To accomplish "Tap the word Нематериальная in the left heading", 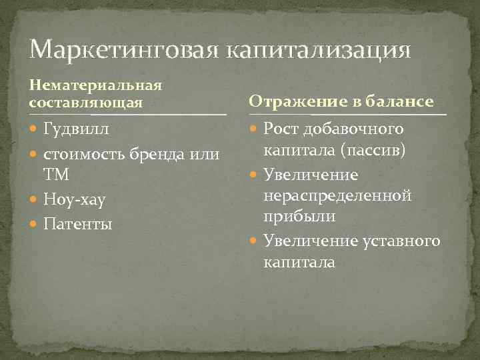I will (x=96, y=86).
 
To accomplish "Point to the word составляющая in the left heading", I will (x=86, y=102).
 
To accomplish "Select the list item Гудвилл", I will (x=76, y=127).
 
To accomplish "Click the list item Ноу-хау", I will (x=74, y=199).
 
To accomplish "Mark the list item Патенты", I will (x=77, y=223).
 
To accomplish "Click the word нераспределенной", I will (x=337, y=196).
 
